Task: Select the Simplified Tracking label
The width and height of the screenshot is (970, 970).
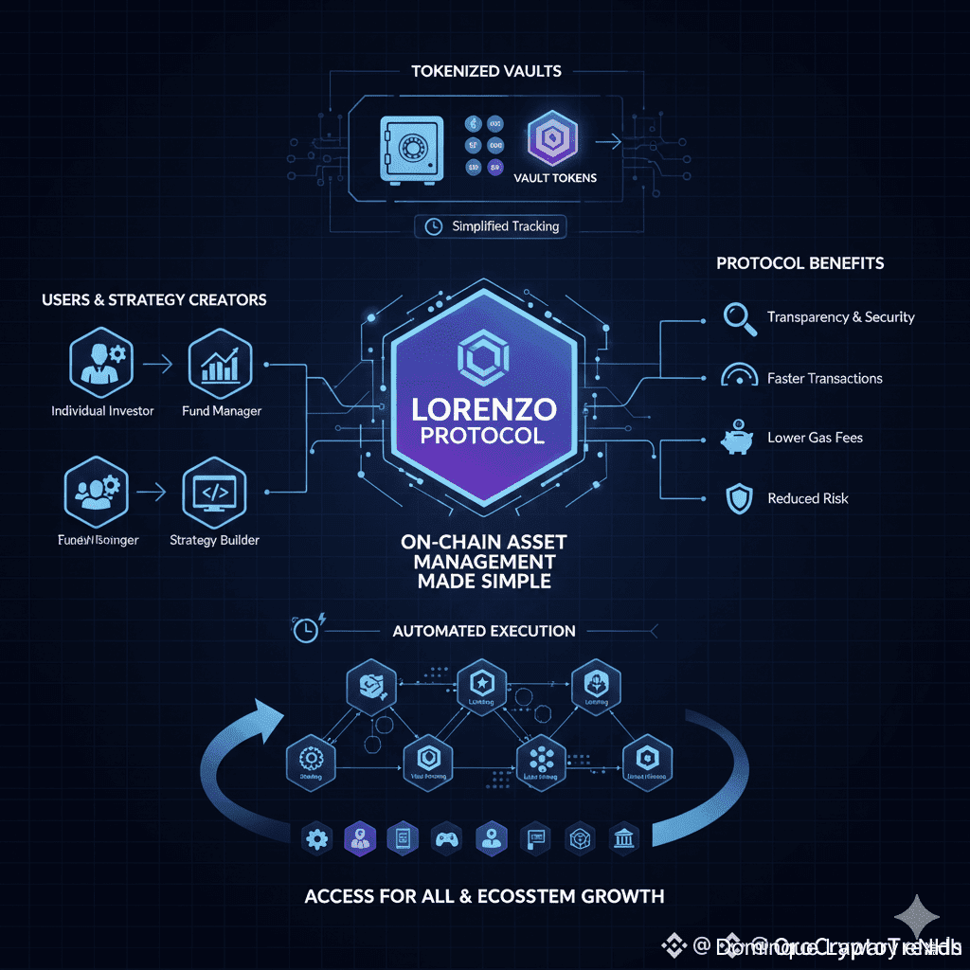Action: (x=491, y=226)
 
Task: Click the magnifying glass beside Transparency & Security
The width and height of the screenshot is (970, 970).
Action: (x=738, y=316)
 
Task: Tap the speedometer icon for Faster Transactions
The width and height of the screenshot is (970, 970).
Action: (x=739, y=376)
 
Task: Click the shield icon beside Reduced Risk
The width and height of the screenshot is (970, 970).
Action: (x=738, y=498)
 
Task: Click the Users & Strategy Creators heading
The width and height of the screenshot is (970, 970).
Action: (x=154, y=299)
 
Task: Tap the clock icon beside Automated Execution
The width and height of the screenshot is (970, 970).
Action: (x=305, y=629)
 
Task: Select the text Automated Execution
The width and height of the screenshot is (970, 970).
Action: (x=484, y=631)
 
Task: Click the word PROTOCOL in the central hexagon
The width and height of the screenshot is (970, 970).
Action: (x=484, y=436)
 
